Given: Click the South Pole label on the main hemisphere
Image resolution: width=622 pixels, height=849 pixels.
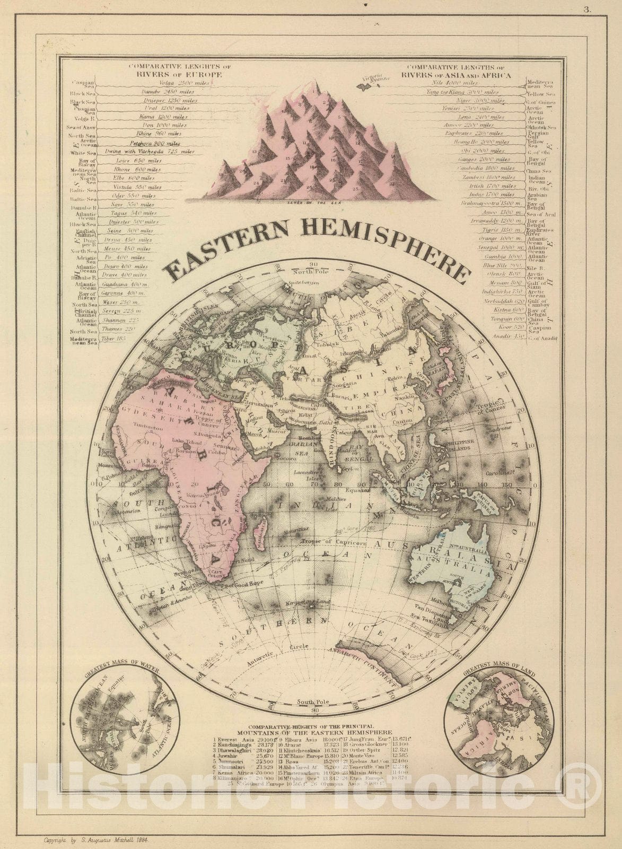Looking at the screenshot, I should (313, 702).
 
